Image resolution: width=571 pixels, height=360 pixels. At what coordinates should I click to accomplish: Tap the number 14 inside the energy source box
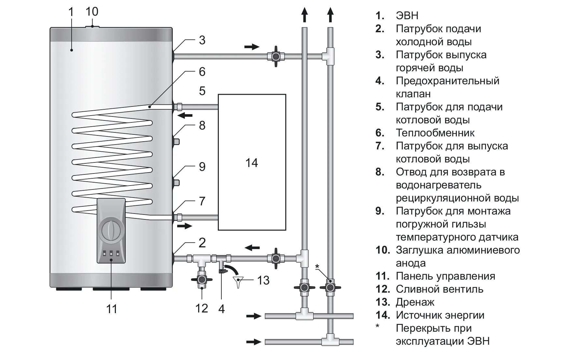pyautogui.click(x=252, y=163)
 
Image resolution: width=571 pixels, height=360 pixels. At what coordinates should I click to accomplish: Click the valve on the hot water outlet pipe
pyautogui.click(x=276, y=56)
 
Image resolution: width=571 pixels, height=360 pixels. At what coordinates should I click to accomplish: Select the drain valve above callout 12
pyautogui.click(x=202, y=279)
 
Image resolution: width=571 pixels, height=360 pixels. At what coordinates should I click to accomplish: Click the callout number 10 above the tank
pyautogui.click(x=92, y=12)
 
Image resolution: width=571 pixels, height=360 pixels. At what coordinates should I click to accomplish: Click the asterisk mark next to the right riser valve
pyautogui.click(x=317, y=267)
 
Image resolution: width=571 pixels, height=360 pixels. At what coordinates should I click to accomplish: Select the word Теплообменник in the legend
pyautogui.click(x=435, y=133)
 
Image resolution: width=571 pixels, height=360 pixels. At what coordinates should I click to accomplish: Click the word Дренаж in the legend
pyautogui.click(x=415, y=302)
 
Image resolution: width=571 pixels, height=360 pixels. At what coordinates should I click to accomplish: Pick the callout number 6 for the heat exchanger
pyautogui.click(x=202, y=72)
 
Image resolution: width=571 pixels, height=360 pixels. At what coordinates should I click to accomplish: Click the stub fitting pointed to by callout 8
pyautogui.click(x=176, y=142)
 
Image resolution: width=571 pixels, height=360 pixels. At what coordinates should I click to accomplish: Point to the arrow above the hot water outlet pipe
pyautogui.click(x=252, y=47)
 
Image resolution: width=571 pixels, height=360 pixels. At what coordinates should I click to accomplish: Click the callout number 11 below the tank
pyautogui.click(x=112, y=309)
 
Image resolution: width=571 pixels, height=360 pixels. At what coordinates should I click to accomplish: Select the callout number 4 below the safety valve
pyautogui.click(x=222, y=309)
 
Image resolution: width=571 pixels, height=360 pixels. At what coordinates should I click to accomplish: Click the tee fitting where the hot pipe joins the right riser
pyautogui.click(x=329, y=56)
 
